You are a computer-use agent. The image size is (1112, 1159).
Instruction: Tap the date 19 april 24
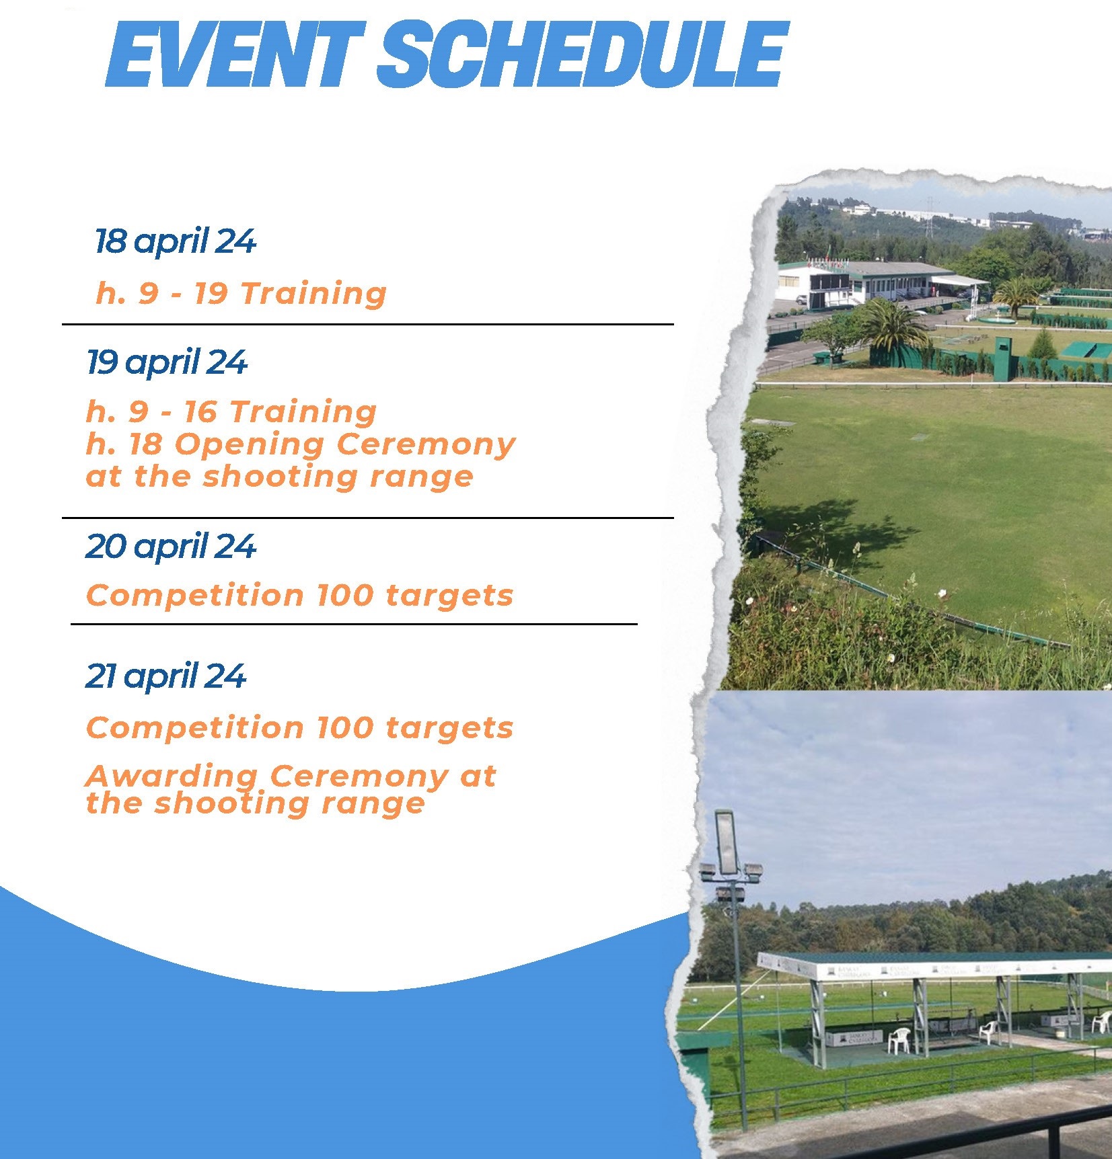tap(167, 363)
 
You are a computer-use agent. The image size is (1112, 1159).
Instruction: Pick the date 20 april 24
tap(171, 547)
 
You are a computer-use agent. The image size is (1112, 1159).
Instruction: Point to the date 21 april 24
tap(165, 676)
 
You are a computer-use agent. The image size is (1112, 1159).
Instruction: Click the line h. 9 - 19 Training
tap(242, 293)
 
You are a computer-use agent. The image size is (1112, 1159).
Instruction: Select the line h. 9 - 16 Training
tap(231, 411)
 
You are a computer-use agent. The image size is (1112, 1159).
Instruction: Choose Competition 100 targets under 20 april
tap(300, 596)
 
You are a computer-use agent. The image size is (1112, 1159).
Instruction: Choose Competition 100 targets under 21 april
tap(300, 728)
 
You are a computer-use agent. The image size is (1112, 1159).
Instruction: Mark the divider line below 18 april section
tap(368, 324)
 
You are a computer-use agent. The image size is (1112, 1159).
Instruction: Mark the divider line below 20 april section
tap(354, 624)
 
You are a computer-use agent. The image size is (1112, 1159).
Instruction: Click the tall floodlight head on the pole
tap(727, 842)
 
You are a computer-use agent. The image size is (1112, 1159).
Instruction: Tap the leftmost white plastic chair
tap(899, 1040)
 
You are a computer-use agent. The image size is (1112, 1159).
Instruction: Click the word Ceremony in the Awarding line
tap(359, 777)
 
